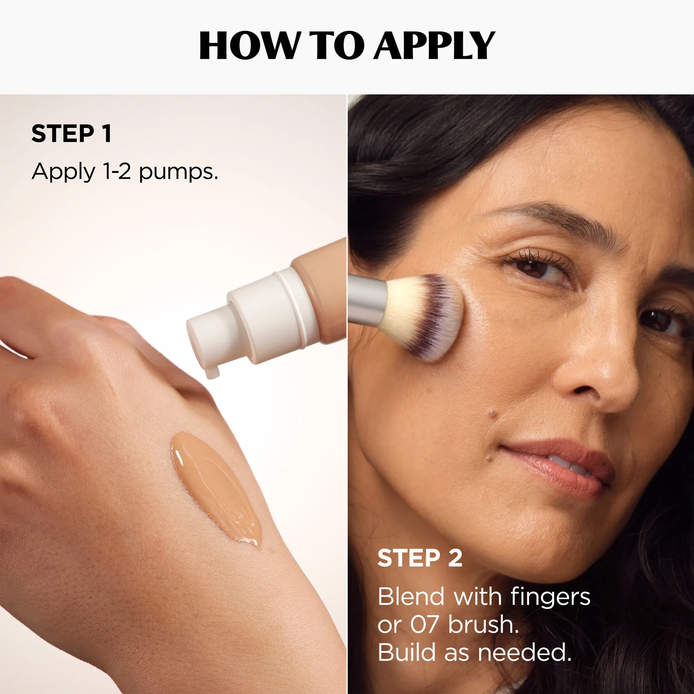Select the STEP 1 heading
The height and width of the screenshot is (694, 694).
[x=72, y=134]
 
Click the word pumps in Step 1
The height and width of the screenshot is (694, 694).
[x=178, y=172]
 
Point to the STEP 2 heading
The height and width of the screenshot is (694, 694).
[x=420, y=558]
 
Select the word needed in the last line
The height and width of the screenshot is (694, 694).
[x=524, y=652]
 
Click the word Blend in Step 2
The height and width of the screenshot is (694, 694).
[x=411, y=597]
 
